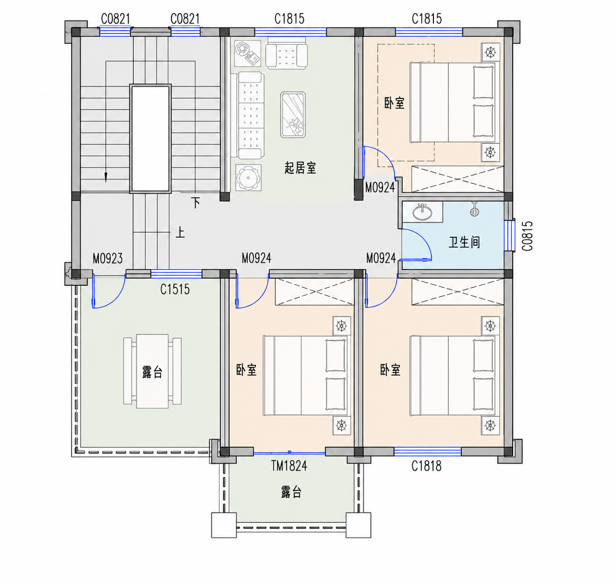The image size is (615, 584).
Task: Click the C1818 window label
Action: click(x=426, y=466)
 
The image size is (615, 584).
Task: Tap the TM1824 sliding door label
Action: click(x=289, y=466)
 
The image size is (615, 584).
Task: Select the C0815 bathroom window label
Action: click(x=528, y=236)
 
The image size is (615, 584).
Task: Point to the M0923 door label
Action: click(x=108, y=259)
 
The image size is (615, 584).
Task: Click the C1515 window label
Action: click(x=175, y=289)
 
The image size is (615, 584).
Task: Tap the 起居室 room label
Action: click(x=300, y=168)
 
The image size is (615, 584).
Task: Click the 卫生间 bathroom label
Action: click(x=464, y=242)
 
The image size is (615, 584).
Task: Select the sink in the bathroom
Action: click(x=422, y=212)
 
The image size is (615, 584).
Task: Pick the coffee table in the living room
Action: click(x=293, y=115)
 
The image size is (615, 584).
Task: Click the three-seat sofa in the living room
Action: click(x=247, y=116)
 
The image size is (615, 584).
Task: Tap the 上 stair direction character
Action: click(x=180, y=233)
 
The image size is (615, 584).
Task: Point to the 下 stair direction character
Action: click(x=195, y=203)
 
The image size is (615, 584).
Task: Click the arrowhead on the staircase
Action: click(x=106, y=177)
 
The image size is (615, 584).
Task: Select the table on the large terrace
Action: click(x=152, y=371)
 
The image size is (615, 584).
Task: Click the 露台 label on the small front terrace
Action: click(x=291, y=492)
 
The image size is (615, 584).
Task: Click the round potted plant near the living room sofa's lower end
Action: click(x=248, y=178)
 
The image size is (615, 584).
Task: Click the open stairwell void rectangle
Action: click(x=151, y=138)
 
